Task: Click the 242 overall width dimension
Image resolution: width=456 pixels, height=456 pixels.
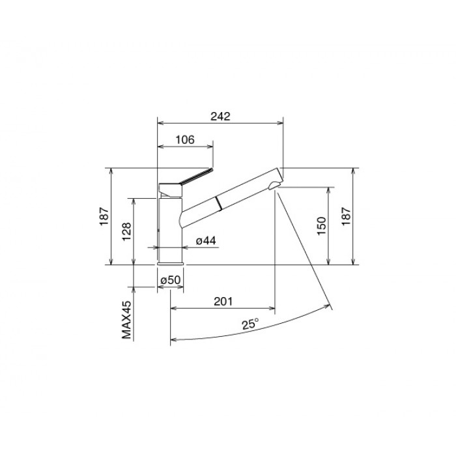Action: click(220, 117)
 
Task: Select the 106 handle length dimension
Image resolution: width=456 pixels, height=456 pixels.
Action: click(185, 139)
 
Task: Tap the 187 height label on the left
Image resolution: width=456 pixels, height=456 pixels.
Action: click(104, 217)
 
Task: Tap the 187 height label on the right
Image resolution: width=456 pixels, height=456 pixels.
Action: click(347, 217)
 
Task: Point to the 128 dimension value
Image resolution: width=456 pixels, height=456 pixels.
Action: click(127, 231)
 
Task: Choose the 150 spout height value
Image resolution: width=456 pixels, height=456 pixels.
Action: click(322, 226)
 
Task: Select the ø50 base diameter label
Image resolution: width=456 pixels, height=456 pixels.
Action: click(171, 280)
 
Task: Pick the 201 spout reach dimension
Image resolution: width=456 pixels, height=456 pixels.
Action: click(223, 302)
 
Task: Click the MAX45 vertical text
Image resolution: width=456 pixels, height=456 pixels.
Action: click(127, 321)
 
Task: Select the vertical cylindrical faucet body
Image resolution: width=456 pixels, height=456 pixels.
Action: click(170, 228)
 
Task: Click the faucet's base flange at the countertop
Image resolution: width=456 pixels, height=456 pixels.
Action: click(171, 263)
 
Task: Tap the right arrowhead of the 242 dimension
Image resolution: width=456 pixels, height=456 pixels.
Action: click(280, 122)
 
